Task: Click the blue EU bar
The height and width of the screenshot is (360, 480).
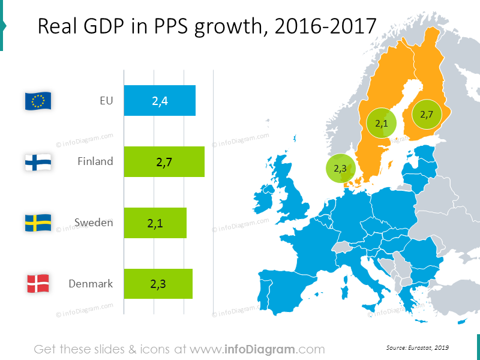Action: coord(160,101)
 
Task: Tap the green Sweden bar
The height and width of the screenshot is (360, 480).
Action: coord(155,223)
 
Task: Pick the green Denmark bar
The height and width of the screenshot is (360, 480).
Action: coord(158,284)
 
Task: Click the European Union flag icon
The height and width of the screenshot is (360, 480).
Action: coord(38,101)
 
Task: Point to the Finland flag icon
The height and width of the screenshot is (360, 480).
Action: coord(38,162)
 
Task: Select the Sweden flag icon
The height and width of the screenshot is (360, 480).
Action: coord(38,223)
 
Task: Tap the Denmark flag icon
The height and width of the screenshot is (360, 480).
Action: coord(38,284)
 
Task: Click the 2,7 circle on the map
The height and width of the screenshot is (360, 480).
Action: coord(427,114)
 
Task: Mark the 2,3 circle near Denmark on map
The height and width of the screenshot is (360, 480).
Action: coord(340,168)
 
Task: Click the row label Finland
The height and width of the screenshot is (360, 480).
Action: coord(95,161)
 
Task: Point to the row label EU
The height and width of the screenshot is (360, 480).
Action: coord(106,101)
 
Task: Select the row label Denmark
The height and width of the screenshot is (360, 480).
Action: coord(91,284)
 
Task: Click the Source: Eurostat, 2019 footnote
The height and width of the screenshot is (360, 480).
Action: coord(418,347)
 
